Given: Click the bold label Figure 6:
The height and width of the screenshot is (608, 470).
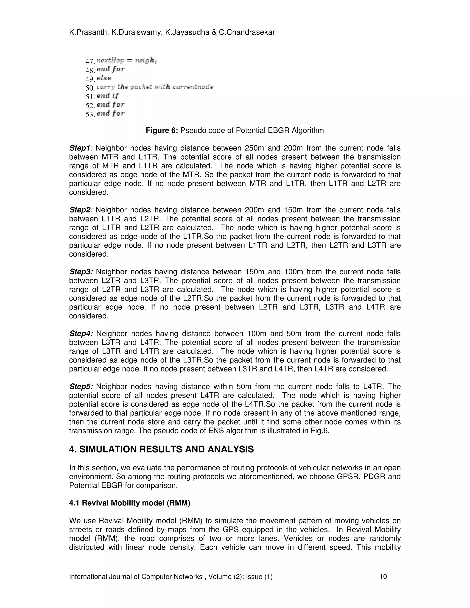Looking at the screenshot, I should [x=162, y=130].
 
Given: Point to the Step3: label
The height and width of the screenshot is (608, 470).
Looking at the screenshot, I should [x=81, y=272].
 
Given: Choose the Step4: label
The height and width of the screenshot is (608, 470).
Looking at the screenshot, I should [x=81, y=334].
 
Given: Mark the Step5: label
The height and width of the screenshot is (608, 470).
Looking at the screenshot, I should [x=81, y=386].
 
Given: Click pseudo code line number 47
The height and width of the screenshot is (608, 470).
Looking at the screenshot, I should [x=90, y=61].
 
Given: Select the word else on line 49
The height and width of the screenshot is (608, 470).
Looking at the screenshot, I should [x=104, y=78].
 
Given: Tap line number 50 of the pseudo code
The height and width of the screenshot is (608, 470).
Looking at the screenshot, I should [x=90, y=88].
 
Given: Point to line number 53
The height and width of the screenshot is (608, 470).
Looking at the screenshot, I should [x=90, y=114].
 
